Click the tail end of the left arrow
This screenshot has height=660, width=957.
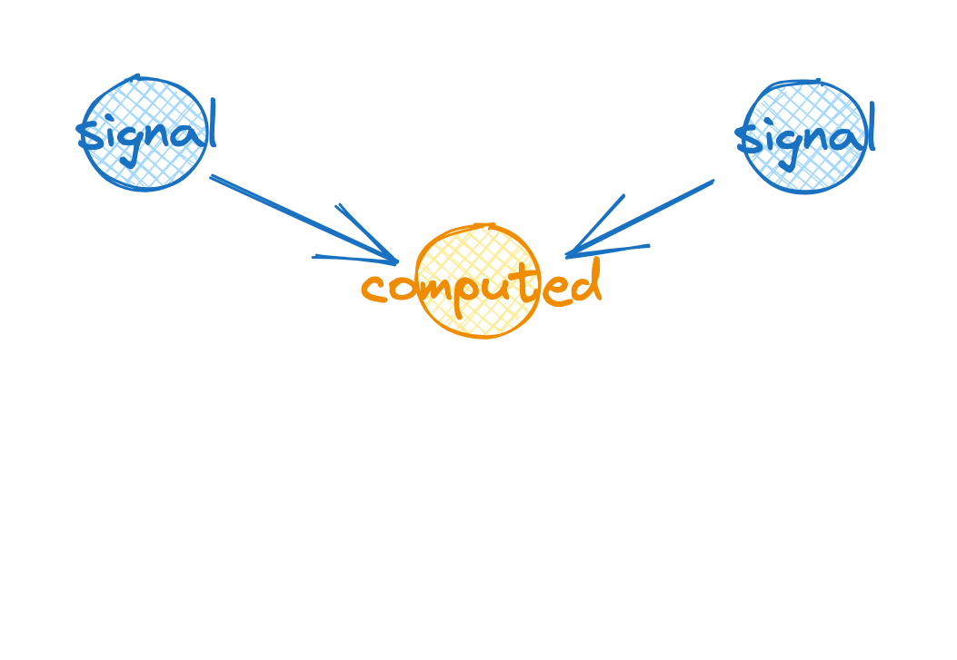click(x=213, y=177)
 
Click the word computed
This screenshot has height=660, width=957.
click(x=482, y=287)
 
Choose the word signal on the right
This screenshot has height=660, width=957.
click(x=805, y=136)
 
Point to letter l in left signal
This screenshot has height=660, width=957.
click(x=213, y=122)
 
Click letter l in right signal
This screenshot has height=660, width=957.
click(x=871, y=125)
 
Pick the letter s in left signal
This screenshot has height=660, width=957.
click(x=89, y=136)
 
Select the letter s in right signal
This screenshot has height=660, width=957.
click(x=748, y=140)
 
